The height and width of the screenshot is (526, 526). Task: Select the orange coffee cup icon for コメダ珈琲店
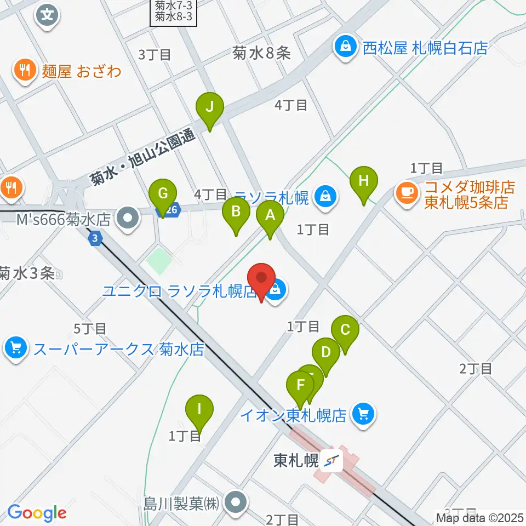[x=406, y=191]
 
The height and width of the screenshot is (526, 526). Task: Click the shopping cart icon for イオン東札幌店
[x=363, y=414]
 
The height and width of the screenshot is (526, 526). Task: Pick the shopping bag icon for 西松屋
[x=346, y=47]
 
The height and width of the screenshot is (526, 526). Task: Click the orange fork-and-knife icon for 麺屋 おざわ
[x=24, y=70]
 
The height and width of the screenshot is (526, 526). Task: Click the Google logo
[x=37, y=513]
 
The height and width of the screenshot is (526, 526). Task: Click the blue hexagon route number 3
[x=95, y=238]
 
